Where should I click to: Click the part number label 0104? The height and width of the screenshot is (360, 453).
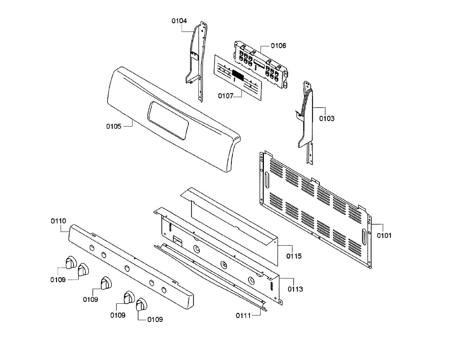click(x=179, y=21)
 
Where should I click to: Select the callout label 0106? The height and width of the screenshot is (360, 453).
click(x=279, y=46)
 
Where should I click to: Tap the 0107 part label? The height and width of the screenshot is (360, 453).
click(x=225, y=96)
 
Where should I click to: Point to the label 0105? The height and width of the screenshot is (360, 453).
click(x=114, y=126)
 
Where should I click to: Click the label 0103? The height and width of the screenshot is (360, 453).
click(x=327, y=118)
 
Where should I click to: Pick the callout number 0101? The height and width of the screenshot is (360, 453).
click(x=384, y=235)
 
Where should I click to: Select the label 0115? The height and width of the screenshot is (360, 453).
click(x=294, y=256)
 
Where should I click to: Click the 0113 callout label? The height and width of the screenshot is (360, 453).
click(x=295, y=289)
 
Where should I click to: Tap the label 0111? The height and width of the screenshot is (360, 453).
click(x=243, y=315)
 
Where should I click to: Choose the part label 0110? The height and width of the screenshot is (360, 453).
click(x=59, y=221)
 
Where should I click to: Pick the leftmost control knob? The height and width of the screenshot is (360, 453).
click(x=69, y=262)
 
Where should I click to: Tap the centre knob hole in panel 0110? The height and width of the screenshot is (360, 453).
click(x=127, y=268)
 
